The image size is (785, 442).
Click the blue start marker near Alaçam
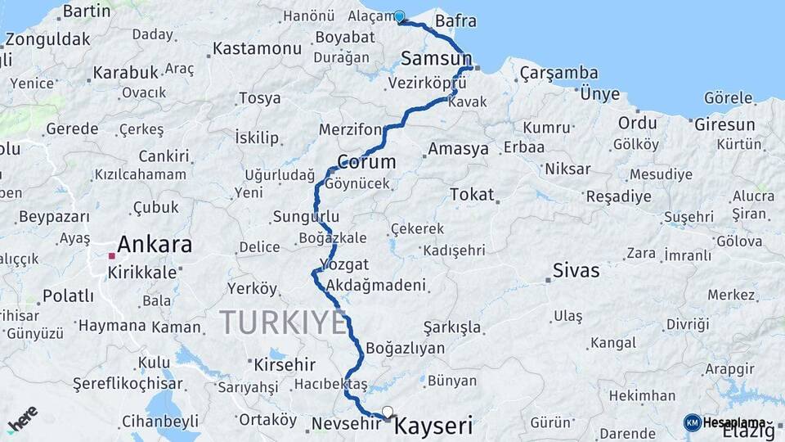click(x=399, y=16)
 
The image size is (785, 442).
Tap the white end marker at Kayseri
click(x=388, y=412)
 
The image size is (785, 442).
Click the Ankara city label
click(x=155, y=244)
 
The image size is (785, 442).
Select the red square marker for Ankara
click(x=112, y=255)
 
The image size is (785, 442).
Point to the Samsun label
click(x=436, y=58)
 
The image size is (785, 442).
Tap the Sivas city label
click(x=576, y=270)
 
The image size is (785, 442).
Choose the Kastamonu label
click(x=258, y=48)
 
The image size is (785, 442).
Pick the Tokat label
click(x=472, y=194)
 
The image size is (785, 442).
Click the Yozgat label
click(x=344, y=264)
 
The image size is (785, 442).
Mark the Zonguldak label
click(x=47, y=38)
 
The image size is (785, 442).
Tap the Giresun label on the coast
click(x=724, y=124)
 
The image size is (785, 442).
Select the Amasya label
click(x=459, y=149)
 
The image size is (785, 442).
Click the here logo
click(x=23, y=419)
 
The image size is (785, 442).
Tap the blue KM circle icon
click(x=692, y=422)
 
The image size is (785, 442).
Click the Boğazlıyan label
click(x=406, y=348)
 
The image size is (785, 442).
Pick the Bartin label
click(x=86, y=11)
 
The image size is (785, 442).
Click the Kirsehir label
click(x=284, y=363)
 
